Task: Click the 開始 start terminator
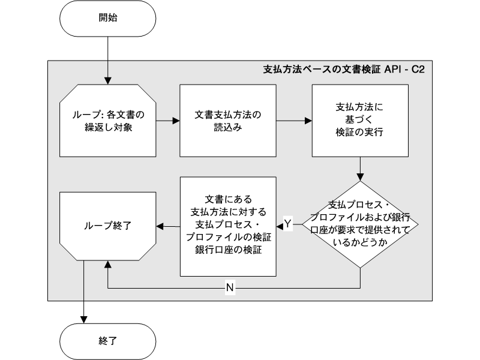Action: [x=108, y=18]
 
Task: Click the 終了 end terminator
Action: [x=108, y=341]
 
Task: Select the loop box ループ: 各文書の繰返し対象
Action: [x=108, y=120]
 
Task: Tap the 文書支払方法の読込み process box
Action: [x=228, y=120]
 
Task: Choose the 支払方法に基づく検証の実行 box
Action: [x=359, y=120]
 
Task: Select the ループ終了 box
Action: [x=108, y=226]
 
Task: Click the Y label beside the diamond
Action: [x=287, y=223]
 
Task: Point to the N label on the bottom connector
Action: [x=230, y=288]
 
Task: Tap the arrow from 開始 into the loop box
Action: [x=108, y=60]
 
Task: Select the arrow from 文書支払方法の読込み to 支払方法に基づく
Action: [x=293, y=120]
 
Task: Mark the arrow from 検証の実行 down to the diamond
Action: [x=359, y=168]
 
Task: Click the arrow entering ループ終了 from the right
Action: [x=169, y=226]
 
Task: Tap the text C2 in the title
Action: [x=418, y=70]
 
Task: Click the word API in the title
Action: [x=393, y=70]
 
